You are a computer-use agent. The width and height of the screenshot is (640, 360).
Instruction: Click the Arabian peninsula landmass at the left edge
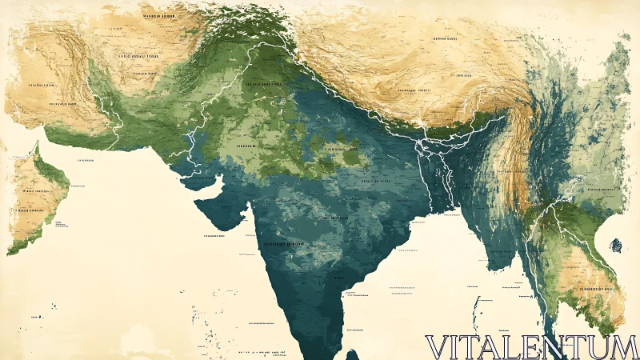pos(36,200)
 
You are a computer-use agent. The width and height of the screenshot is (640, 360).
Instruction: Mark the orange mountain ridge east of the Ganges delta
pos(521,152)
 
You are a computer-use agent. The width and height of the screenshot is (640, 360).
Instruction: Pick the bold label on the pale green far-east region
pos(604,189)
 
